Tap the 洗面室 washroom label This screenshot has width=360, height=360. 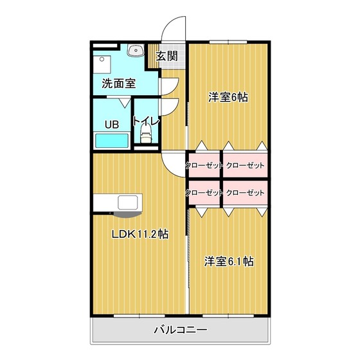(119, 83)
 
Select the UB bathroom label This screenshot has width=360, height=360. (112, 124)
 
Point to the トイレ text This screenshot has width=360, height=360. (146, 121)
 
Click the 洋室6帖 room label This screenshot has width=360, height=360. (228, 98)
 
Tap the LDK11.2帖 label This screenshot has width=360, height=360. (139, 235)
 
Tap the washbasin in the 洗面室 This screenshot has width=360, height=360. (136, 51)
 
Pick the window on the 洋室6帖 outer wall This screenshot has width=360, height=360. (228, 42)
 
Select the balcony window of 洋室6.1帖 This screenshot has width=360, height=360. (229, 316)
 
